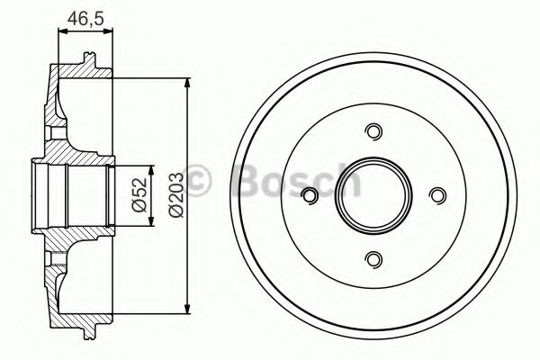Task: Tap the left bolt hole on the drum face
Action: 310,195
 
